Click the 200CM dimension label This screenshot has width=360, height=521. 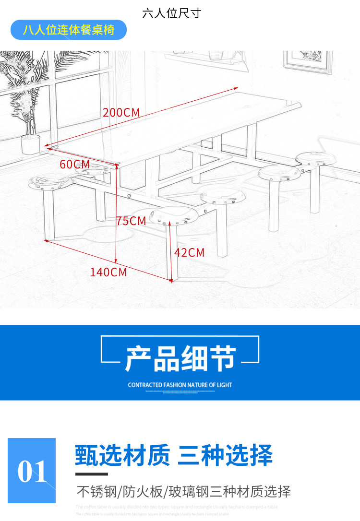pyautogui.click(x=121, y=113)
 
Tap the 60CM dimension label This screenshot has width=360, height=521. pyautogui.click(x=75, y=165)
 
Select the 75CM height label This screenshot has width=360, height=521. pyautogui.click(x=131, y=221)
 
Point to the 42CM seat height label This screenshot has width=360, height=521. pyautogui.click(x=189, y=252)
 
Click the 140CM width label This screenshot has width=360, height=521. pyautogui.click(x=108, y=272)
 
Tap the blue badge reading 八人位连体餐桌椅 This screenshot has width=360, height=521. pyautogui.click(x=69, y=30)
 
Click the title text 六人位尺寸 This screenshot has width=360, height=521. pyautogui.click(x=171, y=13)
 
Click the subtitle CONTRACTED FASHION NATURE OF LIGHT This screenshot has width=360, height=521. pyautogui.click(x=180, y=385)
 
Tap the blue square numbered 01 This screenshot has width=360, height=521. pyautogui.click(x=32, y=471)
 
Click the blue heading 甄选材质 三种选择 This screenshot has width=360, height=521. pyautogui.click(x=174, y=456)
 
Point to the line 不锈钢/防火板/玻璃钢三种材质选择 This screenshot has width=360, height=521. pyautogui.click(x=184, y=492)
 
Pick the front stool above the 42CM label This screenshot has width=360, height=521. pyautogui.click(x=173, y=217)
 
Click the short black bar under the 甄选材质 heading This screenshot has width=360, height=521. pyautogui.click(x=92, y=474)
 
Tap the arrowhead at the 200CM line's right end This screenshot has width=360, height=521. pyautogui.click(x=236, y=88)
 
